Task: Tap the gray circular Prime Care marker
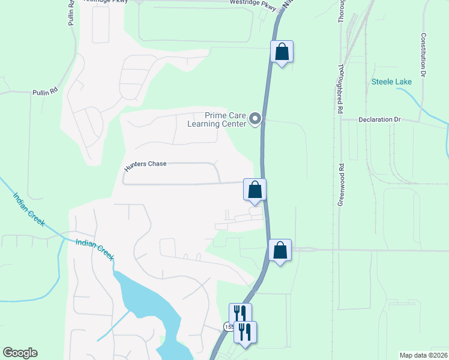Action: click(x=255, y=119)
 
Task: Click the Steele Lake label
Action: click(x=391, y=82)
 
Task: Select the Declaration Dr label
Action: click(x=379, y=119)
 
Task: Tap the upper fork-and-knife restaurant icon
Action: click(x=240, y=313)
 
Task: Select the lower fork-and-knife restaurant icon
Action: click(x=245, y=331)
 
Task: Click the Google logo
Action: click(x=19, y=353)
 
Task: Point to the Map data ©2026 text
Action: click(x=423, y=355)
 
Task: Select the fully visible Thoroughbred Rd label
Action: click(x=340, y=88)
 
